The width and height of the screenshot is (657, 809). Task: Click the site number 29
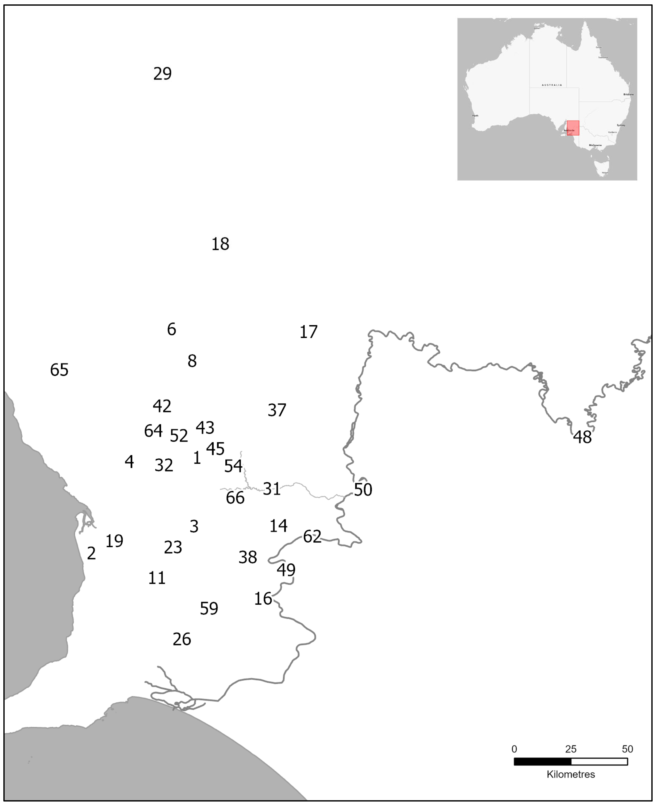pos(162,73)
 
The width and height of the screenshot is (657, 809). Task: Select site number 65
pos(59,370)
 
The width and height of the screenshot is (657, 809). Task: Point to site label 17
pos(308,332)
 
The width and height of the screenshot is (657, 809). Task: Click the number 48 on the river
pos(582,437)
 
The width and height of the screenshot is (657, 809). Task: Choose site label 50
pos(363,490)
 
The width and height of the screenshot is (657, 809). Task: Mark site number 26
pos(182,639)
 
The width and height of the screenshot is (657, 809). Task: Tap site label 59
pos(209,609)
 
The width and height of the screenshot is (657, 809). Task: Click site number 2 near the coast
pos(91,553)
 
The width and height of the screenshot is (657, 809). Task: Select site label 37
pos(277,410)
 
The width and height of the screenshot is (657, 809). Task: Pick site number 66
pos(235,498)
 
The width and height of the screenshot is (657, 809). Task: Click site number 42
pos(162,406)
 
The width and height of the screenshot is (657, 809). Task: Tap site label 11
pos(157,578)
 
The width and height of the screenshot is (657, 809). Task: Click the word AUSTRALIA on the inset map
pos(551,85)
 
